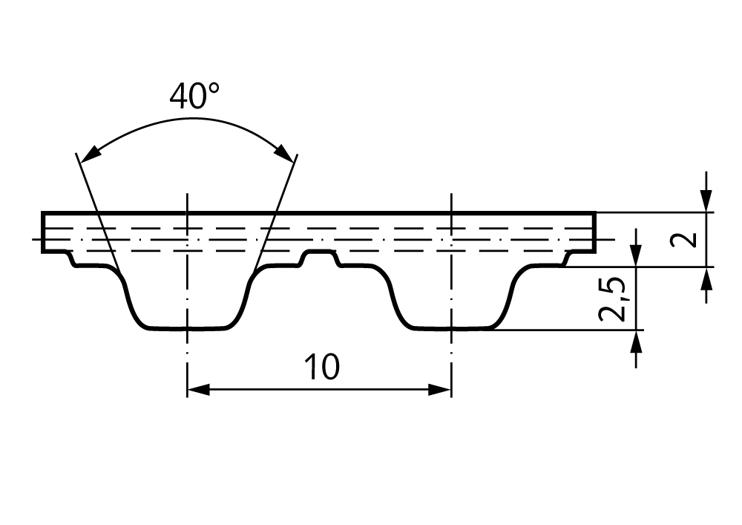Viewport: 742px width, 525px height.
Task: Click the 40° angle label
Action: (194, 96)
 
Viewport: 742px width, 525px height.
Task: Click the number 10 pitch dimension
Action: (322, 367)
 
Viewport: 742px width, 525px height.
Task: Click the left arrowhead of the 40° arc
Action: (90, 154)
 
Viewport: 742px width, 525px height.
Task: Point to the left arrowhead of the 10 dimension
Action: (198, 390)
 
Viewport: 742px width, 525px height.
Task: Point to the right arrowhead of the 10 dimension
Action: (439, 390)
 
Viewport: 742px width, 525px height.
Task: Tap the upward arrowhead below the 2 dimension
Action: (706, 278)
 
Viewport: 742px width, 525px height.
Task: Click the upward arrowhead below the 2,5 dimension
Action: (636, 342)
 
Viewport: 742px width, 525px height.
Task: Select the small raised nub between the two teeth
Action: (321, 258)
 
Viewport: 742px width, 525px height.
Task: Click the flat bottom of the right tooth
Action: (452, 328)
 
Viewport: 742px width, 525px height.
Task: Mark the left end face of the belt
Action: (43, 232)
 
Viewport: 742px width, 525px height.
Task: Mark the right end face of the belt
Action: (594, 232)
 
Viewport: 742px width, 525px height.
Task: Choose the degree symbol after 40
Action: (214, 88)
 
